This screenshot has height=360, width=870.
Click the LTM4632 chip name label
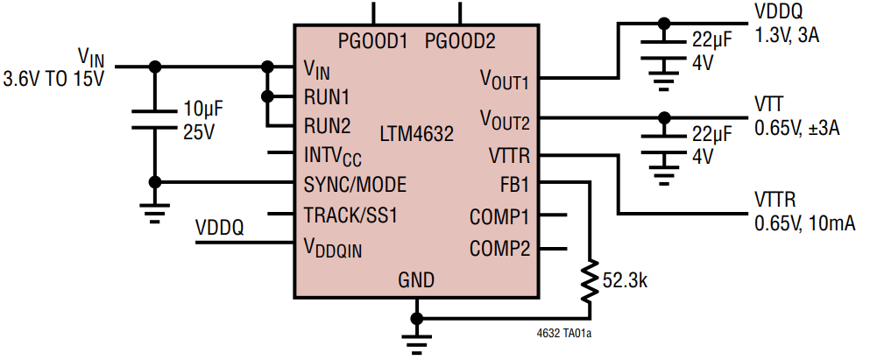pos(416,135)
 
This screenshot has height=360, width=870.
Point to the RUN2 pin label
pos(327,125)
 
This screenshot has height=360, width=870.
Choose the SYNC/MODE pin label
pos(355,185)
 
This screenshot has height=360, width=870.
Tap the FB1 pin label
pos(512,185)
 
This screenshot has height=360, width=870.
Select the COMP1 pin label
pos(499,215)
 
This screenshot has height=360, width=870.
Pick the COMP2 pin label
pos(499,247)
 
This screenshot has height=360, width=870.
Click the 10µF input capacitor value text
pos(203,110)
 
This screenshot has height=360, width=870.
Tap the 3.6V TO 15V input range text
pos(54,79)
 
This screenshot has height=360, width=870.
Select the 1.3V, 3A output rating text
pos(786,34)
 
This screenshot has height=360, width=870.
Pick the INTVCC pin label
pos(332,156)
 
